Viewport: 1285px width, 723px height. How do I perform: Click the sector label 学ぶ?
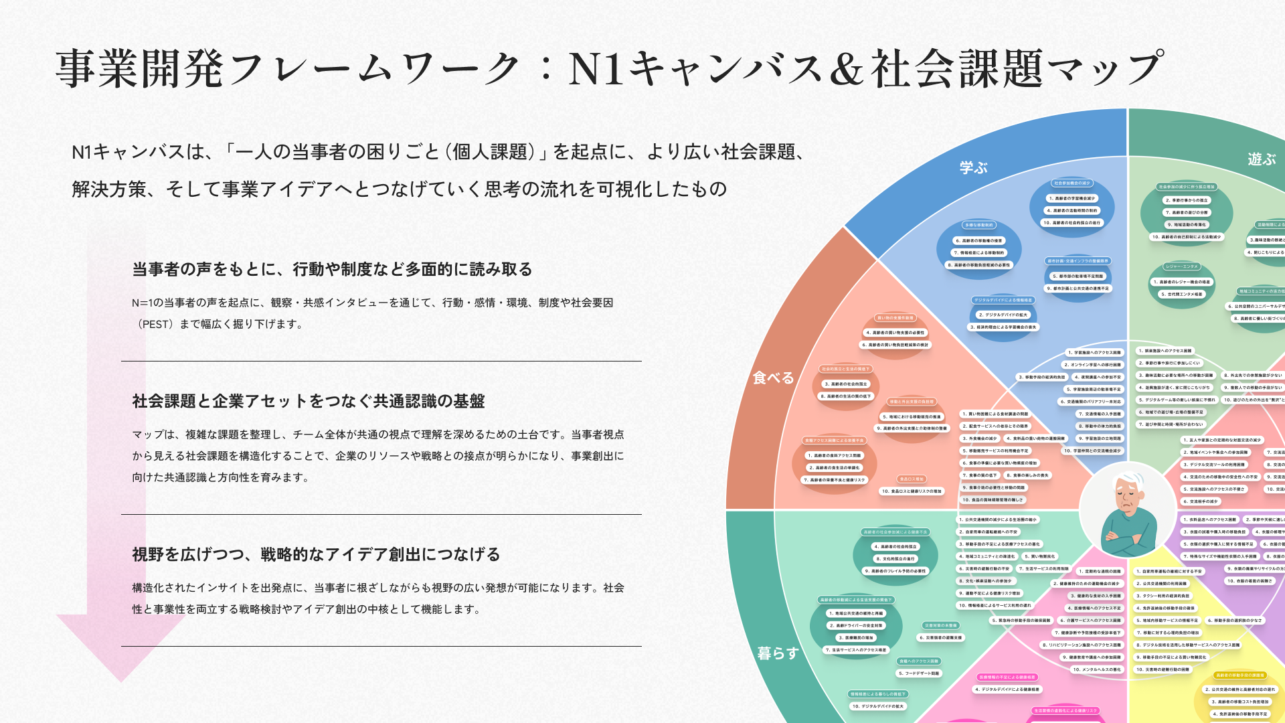974,168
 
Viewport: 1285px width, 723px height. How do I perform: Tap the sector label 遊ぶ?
1262,159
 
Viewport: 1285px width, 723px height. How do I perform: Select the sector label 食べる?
773,378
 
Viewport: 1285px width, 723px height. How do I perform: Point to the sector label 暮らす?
778,653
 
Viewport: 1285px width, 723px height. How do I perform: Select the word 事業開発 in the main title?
139,69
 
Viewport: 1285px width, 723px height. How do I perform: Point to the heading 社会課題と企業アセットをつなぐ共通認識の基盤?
309,401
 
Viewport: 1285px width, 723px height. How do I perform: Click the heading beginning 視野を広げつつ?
316,554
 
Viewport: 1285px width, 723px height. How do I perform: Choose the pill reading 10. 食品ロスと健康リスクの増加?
912,491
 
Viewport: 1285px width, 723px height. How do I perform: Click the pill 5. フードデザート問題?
918,673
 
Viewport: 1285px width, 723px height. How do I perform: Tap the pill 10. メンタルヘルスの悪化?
1096,669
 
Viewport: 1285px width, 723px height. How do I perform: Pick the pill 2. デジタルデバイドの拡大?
1003,315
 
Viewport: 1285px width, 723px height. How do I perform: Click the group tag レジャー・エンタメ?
1181,266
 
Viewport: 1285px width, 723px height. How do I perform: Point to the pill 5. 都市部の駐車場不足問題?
1078,276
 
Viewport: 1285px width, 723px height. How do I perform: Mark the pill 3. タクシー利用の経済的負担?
1163,596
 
